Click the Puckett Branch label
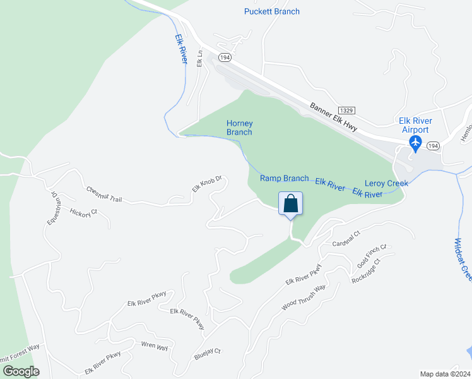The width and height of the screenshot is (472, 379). click(271, 11)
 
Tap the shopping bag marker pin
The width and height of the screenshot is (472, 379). click(290, 205)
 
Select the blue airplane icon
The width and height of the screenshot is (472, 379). click(416, 143)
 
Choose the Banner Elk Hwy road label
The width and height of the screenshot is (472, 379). click(333, 117)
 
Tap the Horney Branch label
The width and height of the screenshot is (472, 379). click(239, 128)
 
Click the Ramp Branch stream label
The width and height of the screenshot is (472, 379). click(284, 179)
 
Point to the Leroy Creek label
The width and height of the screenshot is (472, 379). click(386, 183)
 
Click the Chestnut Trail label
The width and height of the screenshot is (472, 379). click(104, 195)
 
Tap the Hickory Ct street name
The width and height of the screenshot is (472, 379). click(83, 212)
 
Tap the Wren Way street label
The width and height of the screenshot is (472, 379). click(154, 347)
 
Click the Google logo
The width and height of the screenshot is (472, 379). click(21, 371)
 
